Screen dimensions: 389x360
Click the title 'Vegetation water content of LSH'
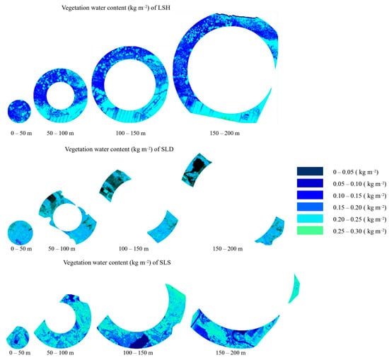[x=116, y=8]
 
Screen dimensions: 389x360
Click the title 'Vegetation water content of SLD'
[x=119, y=149]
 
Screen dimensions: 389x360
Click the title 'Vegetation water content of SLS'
[x=117, y=262]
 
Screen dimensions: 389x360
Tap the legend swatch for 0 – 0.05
[x=310, y=171]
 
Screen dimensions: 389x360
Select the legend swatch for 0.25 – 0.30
[x=310, y=231]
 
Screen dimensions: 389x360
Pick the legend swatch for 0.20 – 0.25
[x=310, y=219]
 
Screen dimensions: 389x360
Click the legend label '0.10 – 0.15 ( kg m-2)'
[x=359, y=196]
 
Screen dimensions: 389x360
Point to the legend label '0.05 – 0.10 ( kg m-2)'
[x=359, y=184]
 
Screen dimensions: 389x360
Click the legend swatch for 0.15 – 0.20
[x=310, y=207]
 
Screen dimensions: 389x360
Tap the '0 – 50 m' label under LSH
[x=21, y=133]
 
